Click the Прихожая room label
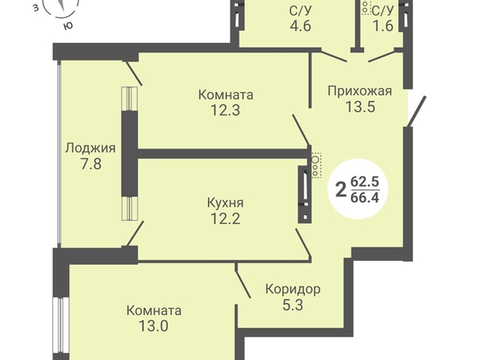(x=360, y=91)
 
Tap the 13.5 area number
(x=360, y=107)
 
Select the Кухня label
(x=226, y=203)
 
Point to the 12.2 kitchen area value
(x=226, y=219)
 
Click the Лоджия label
(x=90, y=149)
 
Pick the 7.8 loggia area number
(x=91, y=164)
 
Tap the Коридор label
(x=293, y=289)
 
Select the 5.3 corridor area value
(x=293, y=305)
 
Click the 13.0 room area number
(x=154, y=326)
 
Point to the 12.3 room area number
(x=226, y=111)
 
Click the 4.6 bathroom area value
(x=301, y=26)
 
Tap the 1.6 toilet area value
(x=383, y=26)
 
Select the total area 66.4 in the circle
(x=364, y=198)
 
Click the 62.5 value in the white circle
(x=364, y=182)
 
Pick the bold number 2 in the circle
(x=341, y=190)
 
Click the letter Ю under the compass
(x=68, y=26)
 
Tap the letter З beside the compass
(x=36, y=8)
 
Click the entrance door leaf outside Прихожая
(x=416, y=111)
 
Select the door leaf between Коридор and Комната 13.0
(x=243, y=282)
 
